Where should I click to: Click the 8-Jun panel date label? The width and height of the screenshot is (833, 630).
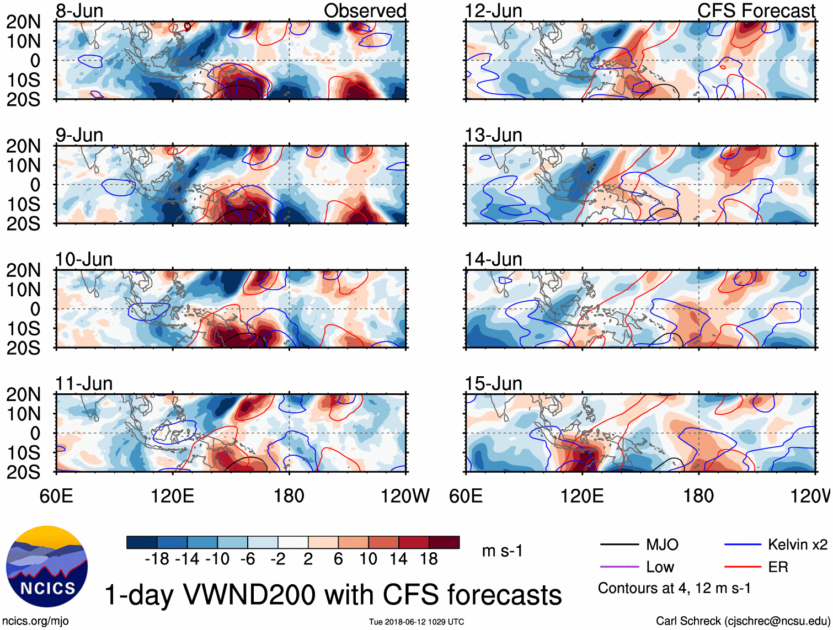point(79,11)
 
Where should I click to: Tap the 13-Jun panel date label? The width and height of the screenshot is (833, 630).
point(493,135)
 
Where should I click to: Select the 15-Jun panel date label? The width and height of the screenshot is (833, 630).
point(493,383)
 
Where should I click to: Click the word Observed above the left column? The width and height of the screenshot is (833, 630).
point(365,11)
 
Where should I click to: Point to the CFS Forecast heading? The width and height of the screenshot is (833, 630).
point(756,11)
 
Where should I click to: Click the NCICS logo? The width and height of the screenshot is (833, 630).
point(46,567)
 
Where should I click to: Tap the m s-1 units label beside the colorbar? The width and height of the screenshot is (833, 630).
point(502,551)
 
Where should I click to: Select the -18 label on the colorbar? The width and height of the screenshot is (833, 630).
point(157,559)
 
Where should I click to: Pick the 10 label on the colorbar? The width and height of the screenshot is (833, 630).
point(368,559)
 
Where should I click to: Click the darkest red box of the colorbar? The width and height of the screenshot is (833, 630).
point(444,542)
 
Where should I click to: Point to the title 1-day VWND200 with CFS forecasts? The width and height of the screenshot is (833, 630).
point(333,595)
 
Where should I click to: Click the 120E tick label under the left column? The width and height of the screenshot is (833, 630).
point(172,496)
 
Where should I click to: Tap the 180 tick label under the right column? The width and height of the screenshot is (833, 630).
point(698,496)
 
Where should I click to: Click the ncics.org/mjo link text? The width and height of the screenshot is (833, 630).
point(35,621)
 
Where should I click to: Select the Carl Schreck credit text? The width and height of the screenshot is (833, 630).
point(743,621)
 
